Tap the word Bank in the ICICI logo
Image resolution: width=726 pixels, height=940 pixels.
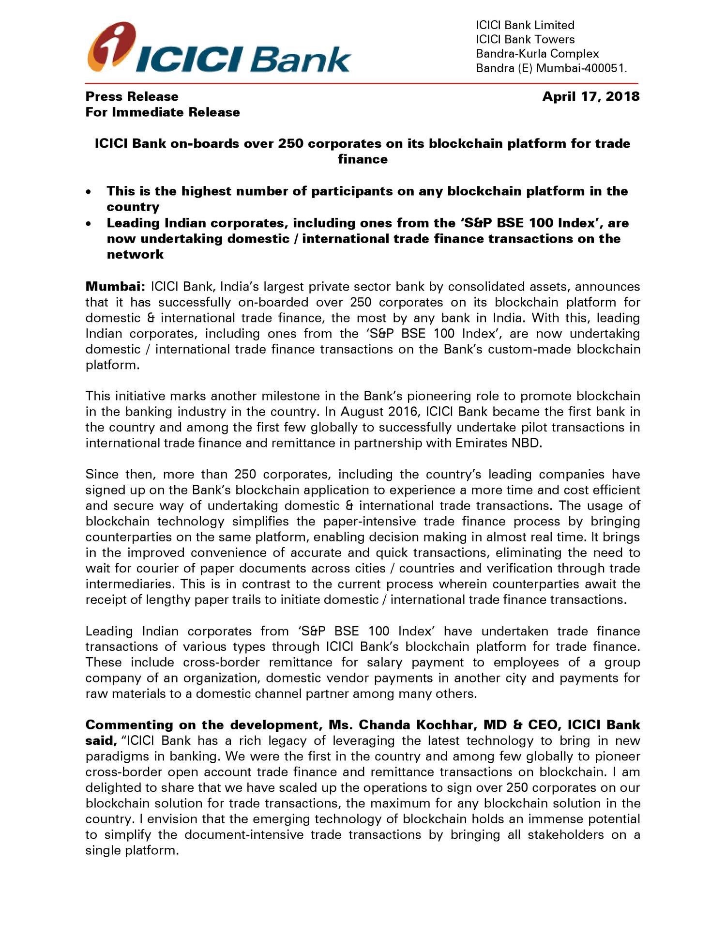click(x=300, y=60)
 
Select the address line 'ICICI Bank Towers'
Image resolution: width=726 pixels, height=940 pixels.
click(x=525, y=39)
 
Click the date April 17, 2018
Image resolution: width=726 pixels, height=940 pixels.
click(x=590, y=96)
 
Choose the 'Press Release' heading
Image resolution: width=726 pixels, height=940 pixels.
click(x=132, y=96)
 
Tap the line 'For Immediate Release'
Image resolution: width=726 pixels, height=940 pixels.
click(x=163, y=112)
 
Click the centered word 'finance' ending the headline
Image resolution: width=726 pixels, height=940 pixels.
click(x=363, y=159)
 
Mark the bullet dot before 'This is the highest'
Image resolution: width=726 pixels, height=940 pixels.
click(x=88, y=192)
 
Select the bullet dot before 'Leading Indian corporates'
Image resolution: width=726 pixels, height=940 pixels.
click(x=88, y=224)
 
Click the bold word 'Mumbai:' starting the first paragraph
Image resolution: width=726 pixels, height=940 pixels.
click(x=115, y=287)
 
